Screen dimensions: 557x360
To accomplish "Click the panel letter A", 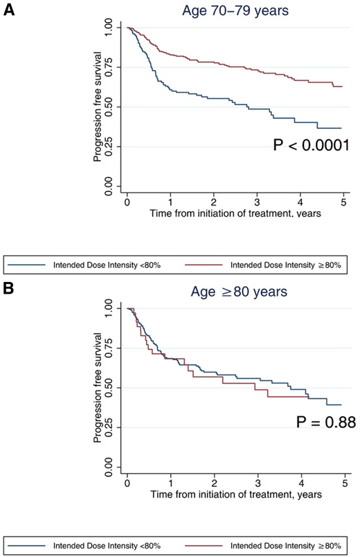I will click(9, 10).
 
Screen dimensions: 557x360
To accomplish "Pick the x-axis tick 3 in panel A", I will click(257, 200).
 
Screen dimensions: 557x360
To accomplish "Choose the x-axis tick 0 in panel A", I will click(127, 200).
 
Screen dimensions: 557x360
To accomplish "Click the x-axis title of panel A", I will click(235, 213).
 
